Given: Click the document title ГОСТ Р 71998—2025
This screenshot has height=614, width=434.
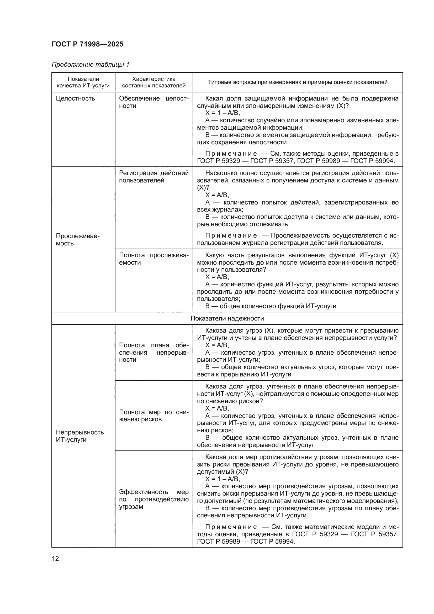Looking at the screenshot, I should [x=87, y=44].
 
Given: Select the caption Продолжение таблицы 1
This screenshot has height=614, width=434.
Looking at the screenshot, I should [x=90, y=65].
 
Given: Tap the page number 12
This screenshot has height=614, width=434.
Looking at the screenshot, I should [x=55, y=558].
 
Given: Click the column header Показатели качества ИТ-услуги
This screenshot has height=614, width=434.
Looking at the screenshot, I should [x=83, y=82].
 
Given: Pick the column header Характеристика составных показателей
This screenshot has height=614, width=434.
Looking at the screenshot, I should [x=154, y=82].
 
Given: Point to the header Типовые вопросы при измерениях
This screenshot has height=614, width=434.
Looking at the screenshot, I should [x=298, y=82].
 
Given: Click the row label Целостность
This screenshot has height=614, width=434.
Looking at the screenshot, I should [x=75, y=98].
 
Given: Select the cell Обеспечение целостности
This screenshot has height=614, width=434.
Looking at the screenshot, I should [x=154, y=102].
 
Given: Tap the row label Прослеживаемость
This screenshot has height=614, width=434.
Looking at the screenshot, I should [x=77, y=240].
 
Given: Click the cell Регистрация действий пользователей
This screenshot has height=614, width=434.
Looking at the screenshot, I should [x=154, y=176].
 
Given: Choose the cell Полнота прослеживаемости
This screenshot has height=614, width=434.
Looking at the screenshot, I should [x=154, y=259].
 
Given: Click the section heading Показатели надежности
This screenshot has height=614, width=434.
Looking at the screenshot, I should [x=227, y=318].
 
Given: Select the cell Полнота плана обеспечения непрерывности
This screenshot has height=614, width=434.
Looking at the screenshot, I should [x=154, y=352].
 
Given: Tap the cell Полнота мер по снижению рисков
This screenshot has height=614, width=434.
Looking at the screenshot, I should [x=154, y=416].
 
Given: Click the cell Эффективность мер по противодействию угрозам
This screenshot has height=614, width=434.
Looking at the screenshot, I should [x=154, y=499].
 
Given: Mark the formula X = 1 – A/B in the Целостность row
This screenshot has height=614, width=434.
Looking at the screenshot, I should [x=222, y=113].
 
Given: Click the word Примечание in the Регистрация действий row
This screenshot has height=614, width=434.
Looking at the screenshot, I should [x=231, y=235].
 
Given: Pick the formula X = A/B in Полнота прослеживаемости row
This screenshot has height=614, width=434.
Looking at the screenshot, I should [x=217, y=277].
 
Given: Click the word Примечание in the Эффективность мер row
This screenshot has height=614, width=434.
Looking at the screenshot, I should [x=231, y=527].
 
